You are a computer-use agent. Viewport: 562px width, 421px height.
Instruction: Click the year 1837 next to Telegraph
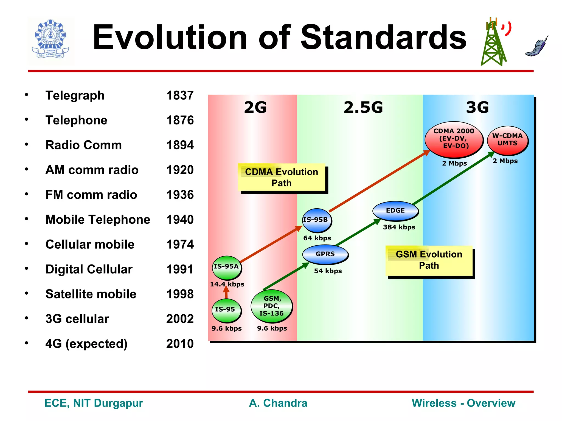(x=180, y=96)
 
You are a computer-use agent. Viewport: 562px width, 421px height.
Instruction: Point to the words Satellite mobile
(x=91, y=294)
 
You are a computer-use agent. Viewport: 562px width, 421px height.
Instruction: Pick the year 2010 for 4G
(x=180, y=344)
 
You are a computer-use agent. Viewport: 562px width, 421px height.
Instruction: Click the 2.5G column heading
(x=363, y=107)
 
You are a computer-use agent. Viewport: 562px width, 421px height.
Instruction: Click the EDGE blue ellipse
(x=395, y=211)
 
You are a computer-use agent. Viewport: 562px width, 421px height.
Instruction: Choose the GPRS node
(x=325, y=254)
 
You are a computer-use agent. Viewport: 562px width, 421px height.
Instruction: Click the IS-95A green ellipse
(x=226, y=267)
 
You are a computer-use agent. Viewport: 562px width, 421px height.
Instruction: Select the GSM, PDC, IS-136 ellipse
(x=271, y=306)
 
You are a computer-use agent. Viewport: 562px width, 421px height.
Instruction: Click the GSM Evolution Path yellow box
(x=429, y=260)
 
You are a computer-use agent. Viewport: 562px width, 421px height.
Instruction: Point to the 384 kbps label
(x=399, y=227)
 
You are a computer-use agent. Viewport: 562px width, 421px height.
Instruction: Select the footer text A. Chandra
(x=278, y=403)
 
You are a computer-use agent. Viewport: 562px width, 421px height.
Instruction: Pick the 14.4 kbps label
(x=227, y=284)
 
